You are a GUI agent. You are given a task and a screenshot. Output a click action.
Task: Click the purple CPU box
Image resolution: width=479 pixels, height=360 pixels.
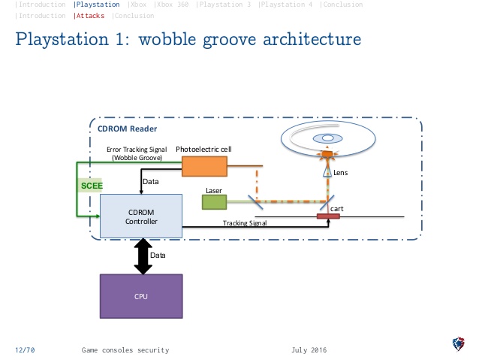(141, 296)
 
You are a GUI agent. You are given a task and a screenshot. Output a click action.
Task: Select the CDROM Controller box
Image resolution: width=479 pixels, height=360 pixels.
(141, 216)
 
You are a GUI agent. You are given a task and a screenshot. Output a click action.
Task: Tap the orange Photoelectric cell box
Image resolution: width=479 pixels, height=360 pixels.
(204, 166)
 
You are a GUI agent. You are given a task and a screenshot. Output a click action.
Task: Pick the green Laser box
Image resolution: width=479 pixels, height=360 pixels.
(214, 202)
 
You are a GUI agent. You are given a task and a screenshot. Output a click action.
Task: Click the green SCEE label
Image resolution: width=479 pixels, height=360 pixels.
(92, 186)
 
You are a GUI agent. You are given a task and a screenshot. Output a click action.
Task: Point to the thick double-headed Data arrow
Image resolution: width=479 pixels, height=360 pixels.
(143, 256)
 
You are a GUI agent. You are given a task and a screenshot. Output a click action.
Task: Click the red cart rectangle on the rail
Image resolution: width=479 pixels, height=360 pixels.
(328, 216)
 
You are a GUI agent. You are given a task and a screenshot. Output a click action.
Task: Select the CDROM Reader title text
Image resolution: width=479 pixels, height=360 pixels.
(127, 129)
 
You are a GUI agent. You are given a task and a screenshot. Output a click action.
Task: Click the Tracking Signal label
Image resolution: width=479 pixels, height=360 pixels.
(245, 223)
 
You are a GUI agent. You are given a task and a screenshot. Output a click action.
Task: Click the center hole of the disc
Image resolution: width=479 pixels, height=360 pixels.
(328, 138)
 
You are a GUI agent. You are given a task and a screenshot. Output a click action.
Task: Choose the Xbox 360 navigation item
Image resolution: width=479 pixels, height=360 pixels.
(172, 5)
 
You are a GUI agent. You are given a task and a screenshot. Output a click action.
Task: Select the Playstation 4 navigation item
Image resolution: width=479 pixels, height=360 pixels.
(286, 5)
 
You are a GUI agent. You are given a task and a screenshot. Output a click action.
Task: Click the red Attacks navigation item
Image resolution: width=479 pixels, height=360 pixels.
(90, 16)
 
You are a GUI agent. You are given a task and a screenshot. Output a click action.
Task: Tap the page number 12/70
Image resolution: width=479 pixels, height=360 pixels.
(25, 350)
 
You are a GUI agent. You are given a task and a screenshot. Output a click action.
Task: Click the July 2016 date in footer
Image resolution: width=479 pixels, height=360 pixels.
(309, 350)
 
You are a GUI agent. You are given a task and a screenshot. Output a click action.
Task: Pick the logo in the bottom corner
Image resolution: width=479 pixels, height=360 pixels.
(458, 344)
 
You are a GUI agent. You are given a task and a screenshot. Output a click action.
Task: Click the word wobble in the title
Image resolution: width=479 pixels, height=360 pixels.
(167, 39)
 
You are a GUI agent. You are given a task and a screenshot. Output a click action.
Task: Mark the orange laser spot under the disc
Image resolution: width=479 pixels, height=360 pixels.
(327, 154)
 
